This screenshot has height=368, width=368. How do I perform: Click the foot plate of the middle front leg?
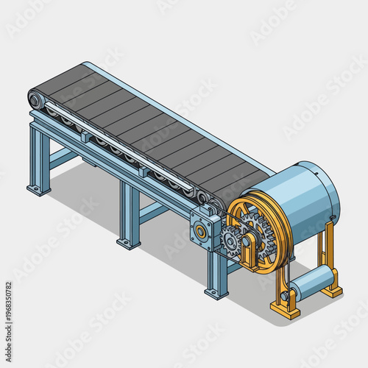tap(128, 242)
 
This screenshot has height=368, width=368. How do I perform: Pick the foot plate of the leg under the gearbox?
tap(216, 294)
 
